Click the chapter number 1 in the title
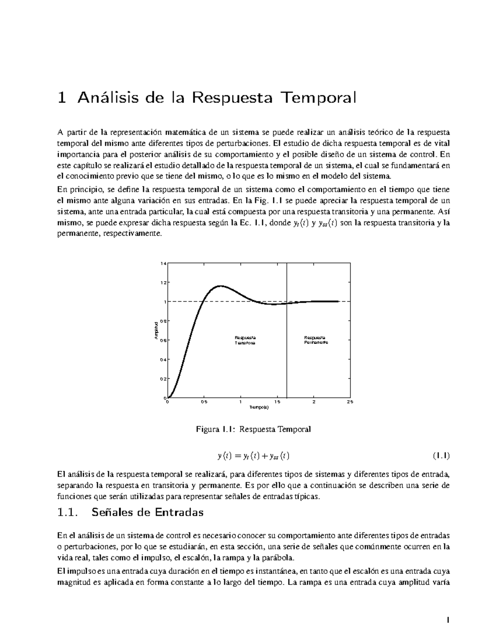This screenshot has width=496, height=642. point(62,98)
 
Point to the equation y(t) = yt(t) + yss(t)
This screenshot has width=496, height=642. point(253,456)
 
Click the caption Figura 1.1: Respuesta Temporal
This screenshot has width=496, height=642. point(253,429)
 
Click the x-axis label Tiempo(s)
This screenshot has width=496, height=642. point(259,408)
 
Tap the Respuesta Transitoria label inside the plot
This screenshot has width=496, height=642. point(245,340)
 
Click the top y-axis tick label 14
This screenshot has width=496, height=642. point(164,263)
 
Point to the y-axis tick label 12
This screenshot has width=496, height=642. point(164,283)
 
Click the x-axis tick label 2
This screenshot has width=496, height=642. point(314,402)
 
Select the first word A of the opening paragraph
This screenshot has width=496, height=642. point(61,132)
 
